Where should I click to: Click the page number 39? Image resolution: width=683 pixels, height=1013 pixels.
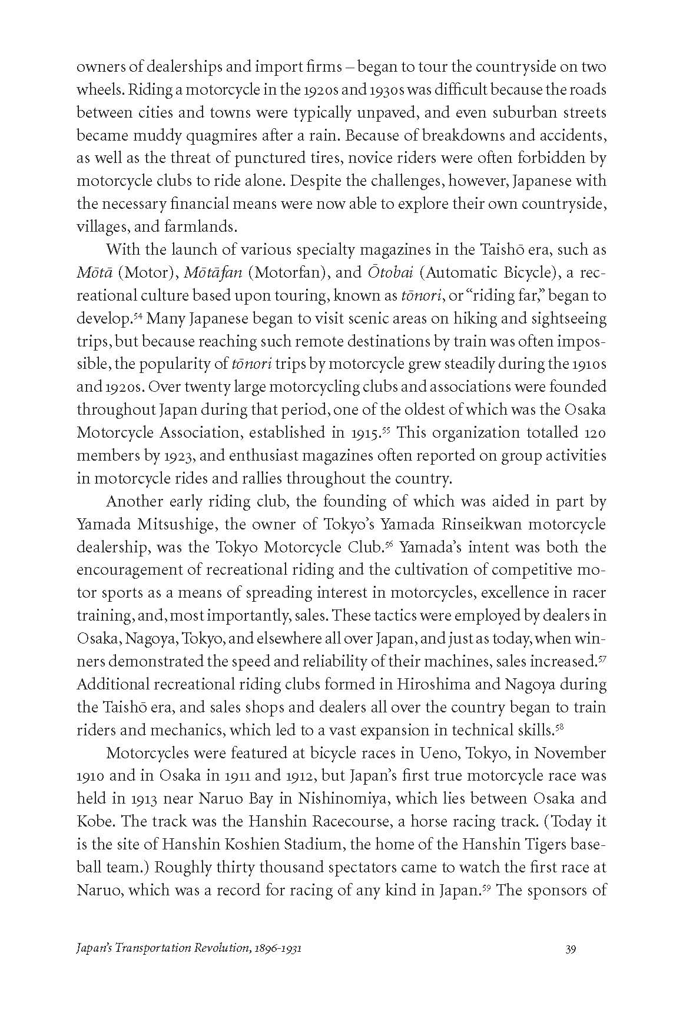pyautogui.click(x=570, y=965)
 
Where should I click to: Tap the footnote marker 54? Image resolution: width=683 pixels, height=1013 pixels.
pyautogui.click(x=138, y=316)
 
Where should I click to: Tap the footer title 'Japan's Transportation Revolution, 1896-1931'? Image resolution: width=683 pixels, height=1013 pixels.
pyautogui.click(x=190, y=965)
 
